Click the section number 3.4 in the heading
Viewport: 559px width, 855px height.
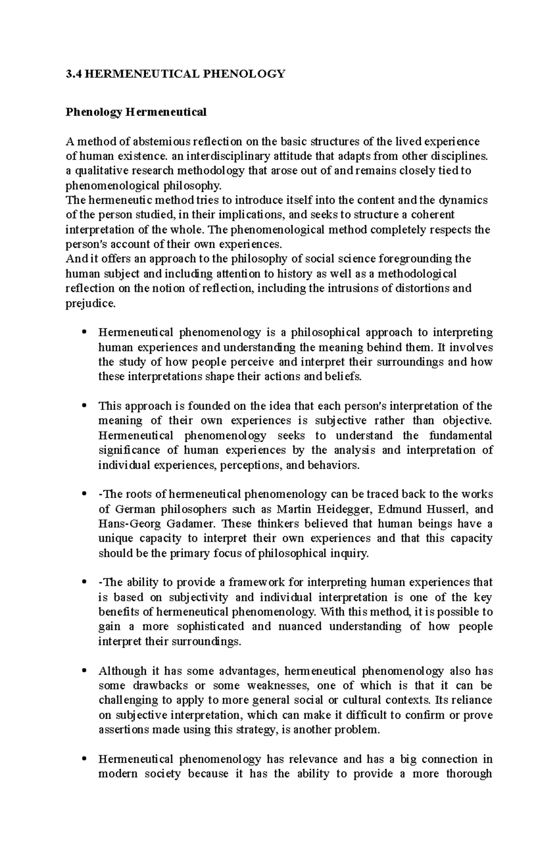[x=73, y=74]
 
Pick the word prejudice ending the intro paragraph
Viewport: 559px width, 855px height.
[x=89, y=303]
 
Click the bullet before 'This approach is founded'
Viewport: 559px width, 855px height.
[x=84, y=406]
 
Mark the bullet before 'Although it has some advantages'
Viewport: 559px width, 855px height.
[x=84, y=671]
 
